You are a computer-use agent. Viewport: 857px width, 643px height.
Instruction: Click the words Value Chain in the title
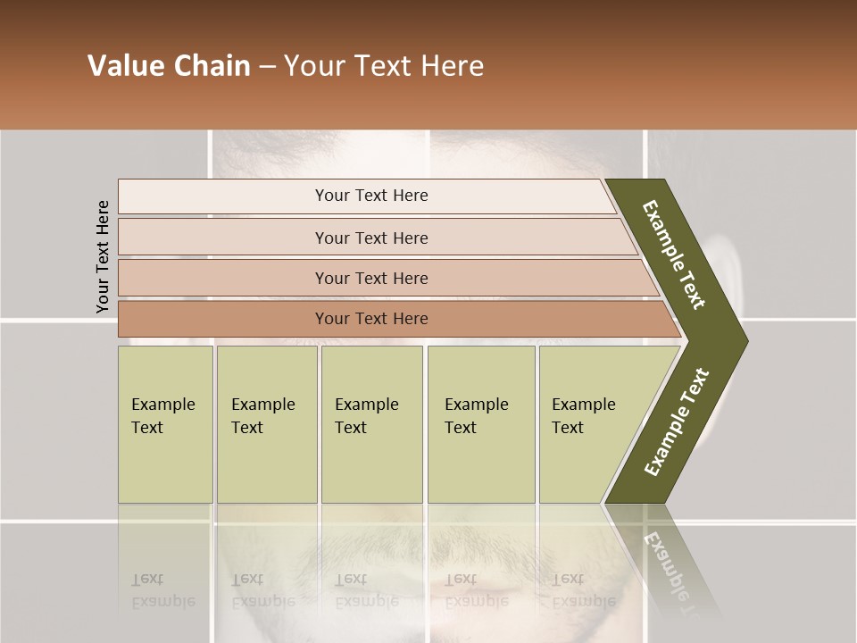(169, 66)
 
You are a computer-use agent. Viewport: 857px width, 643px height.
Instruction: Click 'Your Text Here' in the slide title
(384, 66)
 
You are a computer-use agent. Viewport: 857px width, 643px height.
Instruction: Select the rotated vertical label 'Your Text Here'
(103, 256)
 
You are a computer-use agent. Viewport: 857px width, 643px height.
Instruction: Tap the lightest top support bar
(370, 196)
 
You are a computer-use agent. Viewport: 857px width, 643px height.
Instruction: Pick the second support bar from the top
(370, 238)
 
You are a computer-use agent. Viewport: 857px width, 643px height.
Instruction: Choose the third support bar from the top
(370, 278)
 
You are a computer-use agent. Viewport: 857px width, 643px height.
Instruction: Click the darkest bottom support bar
(370, 319)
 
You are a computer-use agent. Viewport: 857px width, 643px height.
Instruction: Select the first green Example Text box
(165, 423)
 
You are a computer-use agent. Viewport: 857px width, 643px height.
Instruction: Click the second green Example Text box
(266, 423)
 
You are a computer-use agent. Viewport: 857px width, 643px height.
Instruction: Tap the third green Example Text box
(371, 423)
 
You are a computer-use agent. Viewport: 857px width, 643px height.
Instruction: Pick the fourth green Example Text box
(480, 423)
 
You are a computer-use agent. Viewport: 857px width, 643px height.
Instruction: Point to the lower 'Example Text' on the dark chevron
(676, 422)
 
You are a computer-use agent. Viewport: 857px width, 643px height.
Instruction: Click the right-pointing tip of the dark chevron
(741, 340)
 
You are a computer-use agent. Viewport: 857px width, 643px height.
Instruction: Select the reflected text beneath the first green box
(163, 589)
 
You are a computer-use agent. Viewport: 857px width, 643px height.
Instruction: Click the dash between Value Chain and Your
(267, 67)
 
